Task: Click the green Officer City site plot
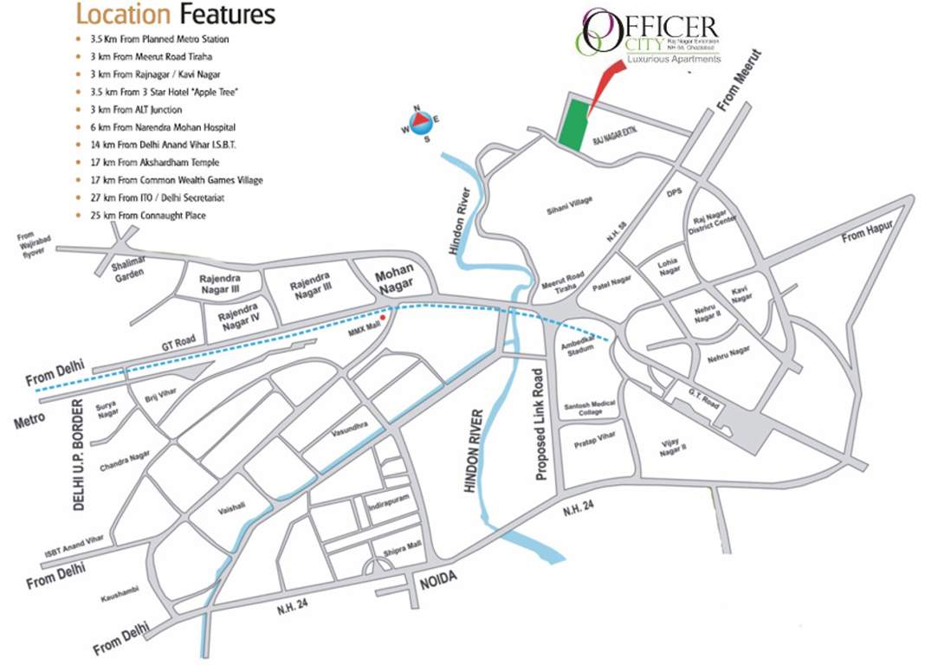[x=572, y=125]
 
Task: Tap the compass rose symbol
[x=420, y=123]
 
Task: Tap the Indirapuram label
[x=389, y=501]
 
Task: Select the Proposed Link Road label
[x=540, y=424]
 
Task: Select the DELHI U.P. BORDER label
[x=80, y=455]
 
